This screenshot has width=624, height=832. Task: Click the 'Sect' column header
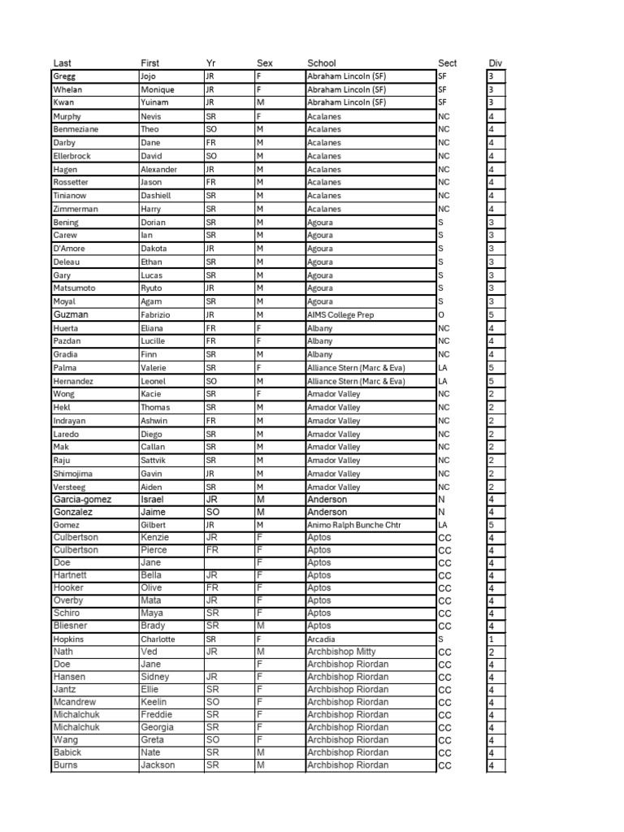coord(447,63)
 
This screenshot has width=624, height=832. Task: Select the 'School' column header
coord(321,63)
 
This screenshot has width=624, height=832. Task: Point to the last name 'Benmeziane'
coord(75,129)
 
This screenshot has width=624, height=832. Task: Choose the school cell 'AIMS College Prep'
coord(340,314)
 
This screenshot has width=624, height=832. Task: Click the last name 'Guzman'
coord(71,314)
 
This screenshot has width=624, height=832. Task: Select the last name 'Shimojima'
coord(72,474)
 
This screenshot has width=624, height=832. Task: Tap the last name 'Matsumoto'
coord(73,288)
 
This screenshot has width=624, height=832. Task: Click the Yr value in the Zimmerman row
coord(210,209)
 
